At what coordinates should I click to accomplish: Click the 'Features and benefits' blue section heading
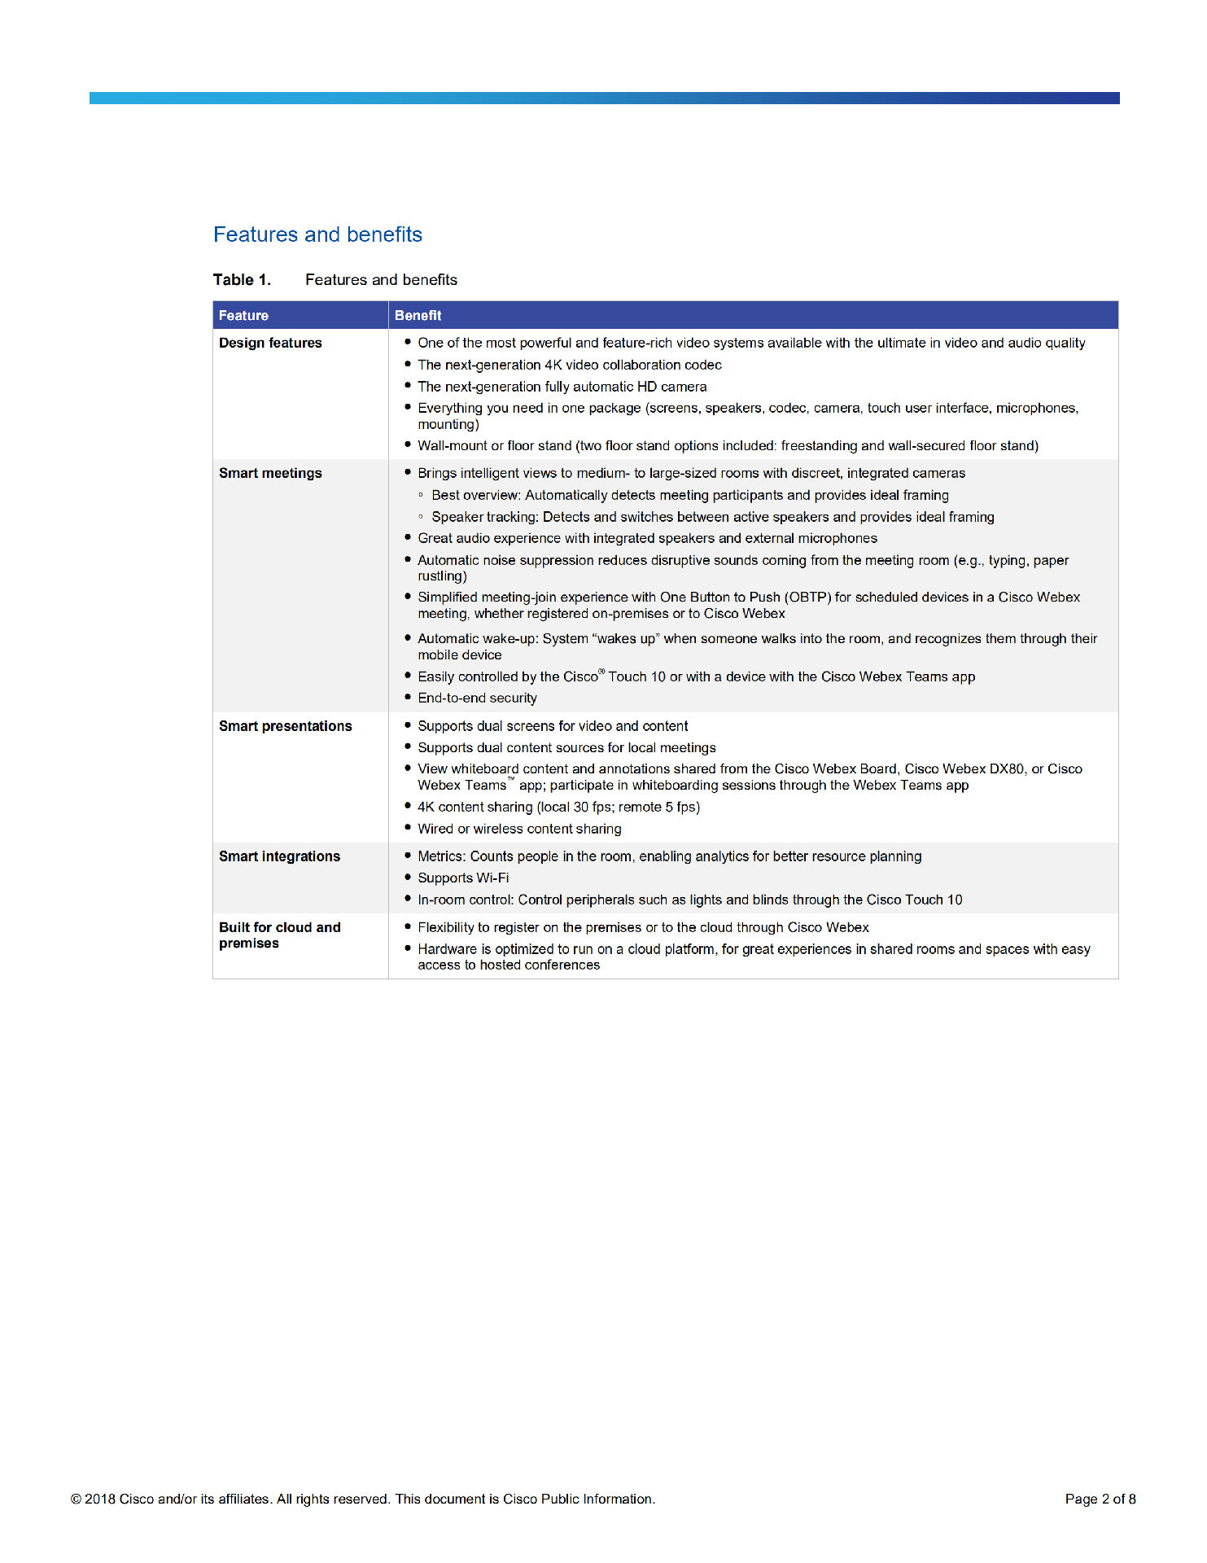tap(317, 235)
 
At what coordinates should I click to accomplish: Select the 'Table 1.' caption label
tap(242, 280)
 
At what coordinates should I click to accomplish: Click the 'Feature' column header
tap(243, 316)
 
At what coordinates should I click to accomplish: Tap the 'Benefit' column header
tap(418, 316)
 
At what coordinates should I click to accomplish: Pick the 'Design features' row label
tap(270, 344)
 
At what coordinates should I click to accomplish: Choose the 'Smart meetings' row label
tap(270, 474)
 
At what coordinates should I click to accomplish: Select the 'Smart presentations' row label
tap(285, 726)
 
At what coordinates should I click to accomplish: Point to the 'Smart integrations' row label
tap(279, 856)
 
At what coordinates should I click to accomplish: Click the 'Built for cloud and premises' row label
tap(279, 935)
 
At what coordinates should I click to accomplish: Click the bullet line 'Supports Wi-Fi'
tap(463, 878)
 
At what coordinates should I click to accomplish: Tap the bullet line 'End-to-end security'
tap(477, 698)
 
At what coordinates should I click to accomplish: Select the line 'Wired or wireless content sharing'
tap(519, 830)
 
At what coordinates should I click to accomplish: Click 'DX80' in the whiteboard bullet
tap(1006, 769)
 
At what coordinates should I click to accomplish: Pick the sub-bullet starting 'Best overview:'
tap(689, 496)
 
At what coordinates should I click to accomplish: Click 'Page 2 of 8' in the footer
tap(1100, 1500)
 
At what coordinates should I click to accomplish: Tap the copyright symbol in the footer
tap(76, 1500)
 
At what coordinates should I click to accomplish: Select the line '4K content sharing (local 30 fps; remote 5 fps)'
tap(558, 808)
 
